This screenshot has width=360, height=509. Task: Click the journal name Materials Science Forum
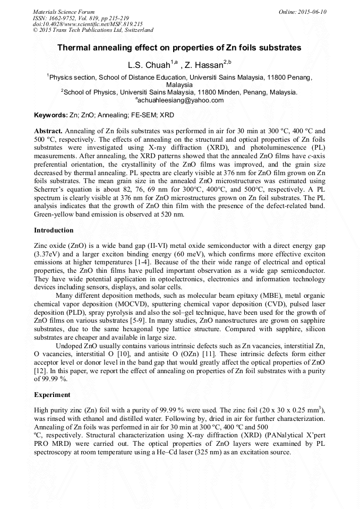coord(64,12)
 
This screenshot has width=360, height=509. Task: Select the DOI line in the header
coord(88,24)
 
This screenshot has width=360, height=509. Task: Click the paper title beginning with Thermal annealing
coord(179,48)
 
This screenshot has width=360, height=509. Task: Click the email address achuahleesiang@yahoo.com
coord(181,100)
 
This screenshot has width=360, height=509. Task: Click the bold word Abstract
coord(48,131)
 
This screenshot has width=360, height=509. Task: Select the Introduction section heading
coord(54,230)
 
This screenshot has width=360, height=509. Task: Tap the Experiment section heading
coord(52,395)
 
